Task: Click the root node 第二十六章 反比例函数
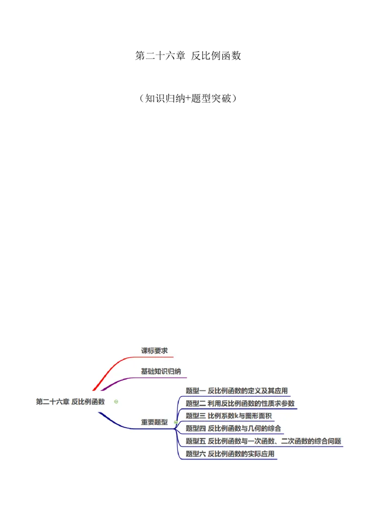(x=70, y=402)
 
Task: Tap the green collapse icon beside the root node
(x=116, y=402)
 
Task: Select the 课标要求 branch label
(x=154, y=351)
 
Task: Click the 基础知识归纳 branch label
(x=161, y=371)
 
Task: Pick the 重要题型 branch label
(x=154, y=422)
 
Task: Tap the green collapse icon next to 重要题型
(x=175, y=422)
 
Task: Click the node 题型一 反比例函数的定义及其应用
(x=236, y=391)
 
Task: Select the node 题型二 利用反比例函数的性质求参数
(x=240, y=403)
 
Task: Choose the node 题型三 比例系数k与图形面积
(x=228, y=416)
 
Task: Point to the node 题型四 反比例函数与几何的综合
(x=233, y=428)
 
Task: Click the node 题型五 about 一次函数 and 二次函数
(x=263, y=441)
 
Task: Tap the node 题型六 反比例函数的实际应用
(x=230, y=454)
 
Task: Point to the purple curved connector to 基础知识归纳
(x=117, y=383)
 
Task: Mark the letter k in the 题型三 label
(x=237, y=416)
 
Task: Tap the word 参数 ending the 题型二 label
(x=288, y=403)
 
